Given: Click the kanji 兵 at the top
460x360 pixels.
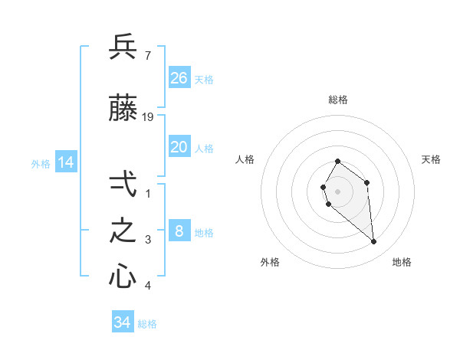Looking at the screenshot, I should pyautogui.click(x=123, y=47).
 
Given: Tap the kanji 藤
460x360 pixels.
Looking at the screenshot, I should pyautogui.click(x=123, y=110).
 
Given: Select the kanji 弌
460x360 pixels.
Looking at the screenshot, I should pyautogui.click(x=123, y=186).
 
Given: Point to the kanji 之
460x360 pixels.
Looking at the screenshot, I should pyautogui.click(x=123, y=231).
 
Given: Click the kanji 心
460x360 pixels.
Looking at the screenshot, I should pyautogui.click(x=123, y=277).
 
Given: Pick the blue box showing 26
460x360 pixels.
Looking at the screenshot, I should pyautogui.click(x=179, y=77).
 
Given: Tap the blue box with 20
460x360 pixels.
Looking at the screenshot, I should pyautogui.click(x=179, y=147).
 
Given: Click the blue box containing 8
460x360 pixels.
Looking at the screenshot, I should pyautogui.click(x=179, y=231).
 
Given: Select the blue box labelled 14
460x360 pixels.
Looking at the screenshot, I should pyautogui.click(x=66, y=162).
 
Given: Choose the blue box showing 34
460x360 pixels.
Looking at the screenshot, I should pyautogui.click(x=123, y=322).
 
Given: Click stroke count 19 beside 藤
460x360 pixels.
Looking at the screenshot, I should pyautogui.click(x=149, y=116).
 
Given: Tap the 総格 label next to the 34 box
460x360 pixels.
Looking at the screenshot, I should pyautogui.click(x=147, y=324).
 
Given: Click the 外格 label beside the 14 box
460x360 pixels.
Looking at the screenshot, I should pyautogui.click(x=41, y=163).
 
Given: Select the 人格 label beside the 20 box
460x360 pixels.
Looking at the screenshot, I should pyautogui.click(x=204, y=149).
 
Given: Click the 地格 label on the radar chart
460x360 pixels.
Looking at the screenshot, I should pyautogui.click(x=402, y=262).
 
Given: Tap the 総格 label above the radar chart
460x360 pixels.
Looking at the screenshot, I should pyautogui.click(x=337, y=100).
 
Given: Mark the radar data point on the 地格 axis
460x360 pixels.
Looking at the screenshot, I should pyautogui.click(x=374, y=242).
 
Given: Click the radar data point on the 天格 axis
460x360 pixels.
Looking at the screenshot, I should pyautogui.click(x=367, y=182).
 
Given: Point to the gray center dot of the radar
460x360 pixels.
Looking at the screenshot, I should pyautogui.click(x=337, y=190).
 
